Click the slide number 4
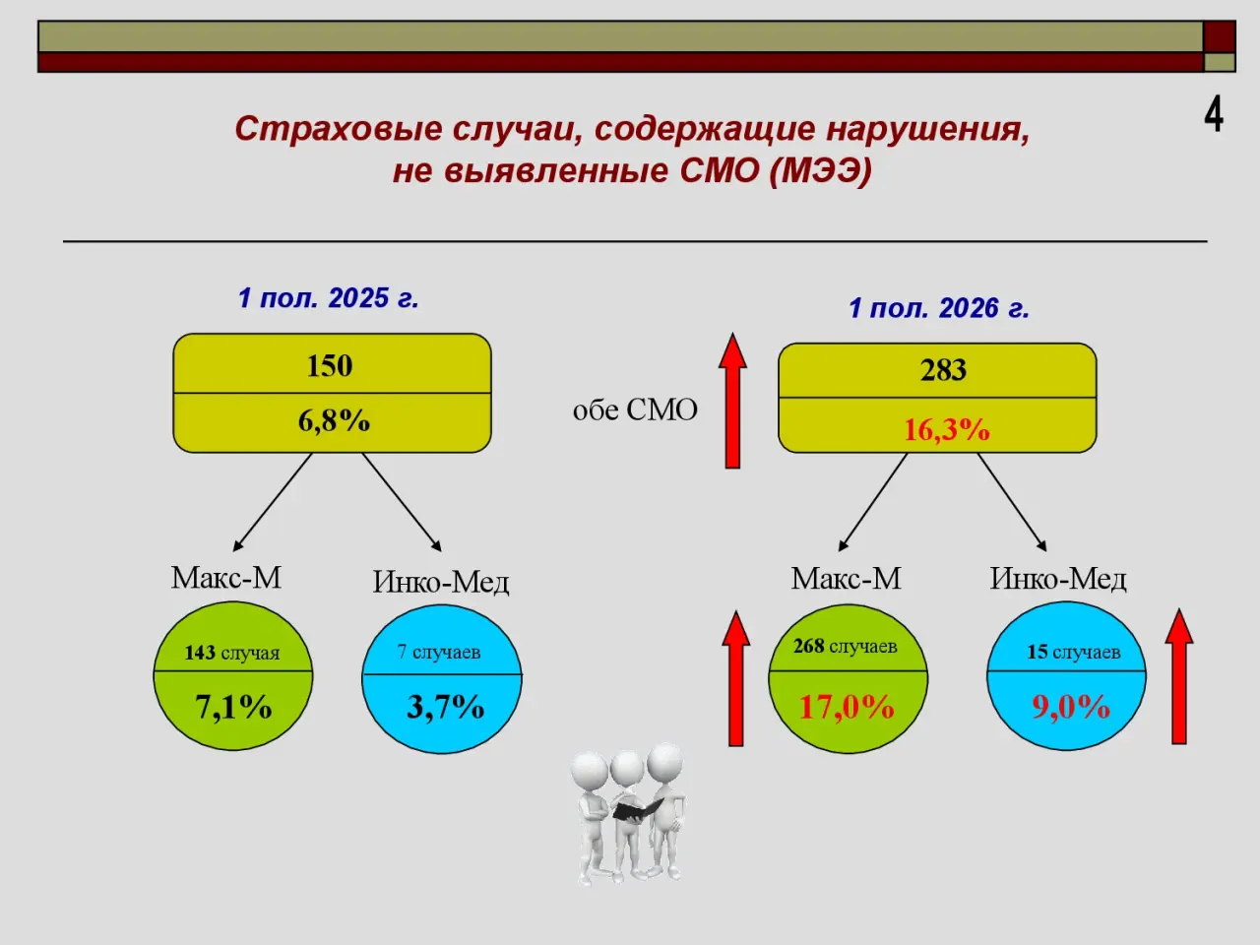point(1214,115)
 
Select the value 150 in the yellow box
point(330,366)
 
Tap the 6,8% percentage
point(334,421)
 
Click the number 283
point(943,370)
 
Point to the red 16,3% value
point(947,430)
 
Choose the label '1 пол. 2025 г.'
point(329,298)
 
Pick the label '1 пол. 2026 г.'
point(939,308)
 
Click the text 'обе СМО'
point(635,410)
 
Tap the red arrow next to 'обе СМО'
point(732,400)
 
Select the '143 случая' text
point(232,653)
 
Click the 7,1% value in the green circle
point(233,707)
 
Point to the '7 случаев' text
point(439,652)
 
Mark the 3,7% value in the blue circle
point(446,707)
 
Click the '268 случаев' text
point(845,646)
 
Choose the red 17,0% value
point(847,707)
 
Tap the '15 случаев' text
point(1073,652)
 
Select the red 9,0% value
point(1071,707)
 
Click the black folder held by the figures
point(637,809)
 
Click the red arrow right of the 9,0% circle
point(1179,677)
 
